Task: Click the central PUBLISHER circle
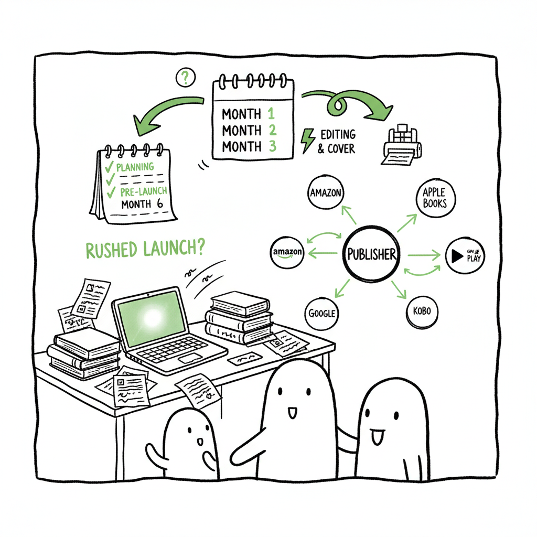coord(371,254)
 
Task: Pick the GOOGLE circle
coord(321,313)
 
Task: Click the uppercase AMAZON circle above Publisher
coord(326,193)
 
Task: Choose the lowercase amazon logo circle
coord(287,252)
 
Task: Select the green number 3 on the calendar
coord(272,146)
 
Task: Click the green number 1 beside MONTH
coord(271,113)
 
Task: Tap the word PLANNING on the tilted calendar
coord(135,167)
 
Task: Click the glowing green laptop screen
coord(151,318)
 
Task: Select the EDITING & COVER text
coord(336,142)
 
